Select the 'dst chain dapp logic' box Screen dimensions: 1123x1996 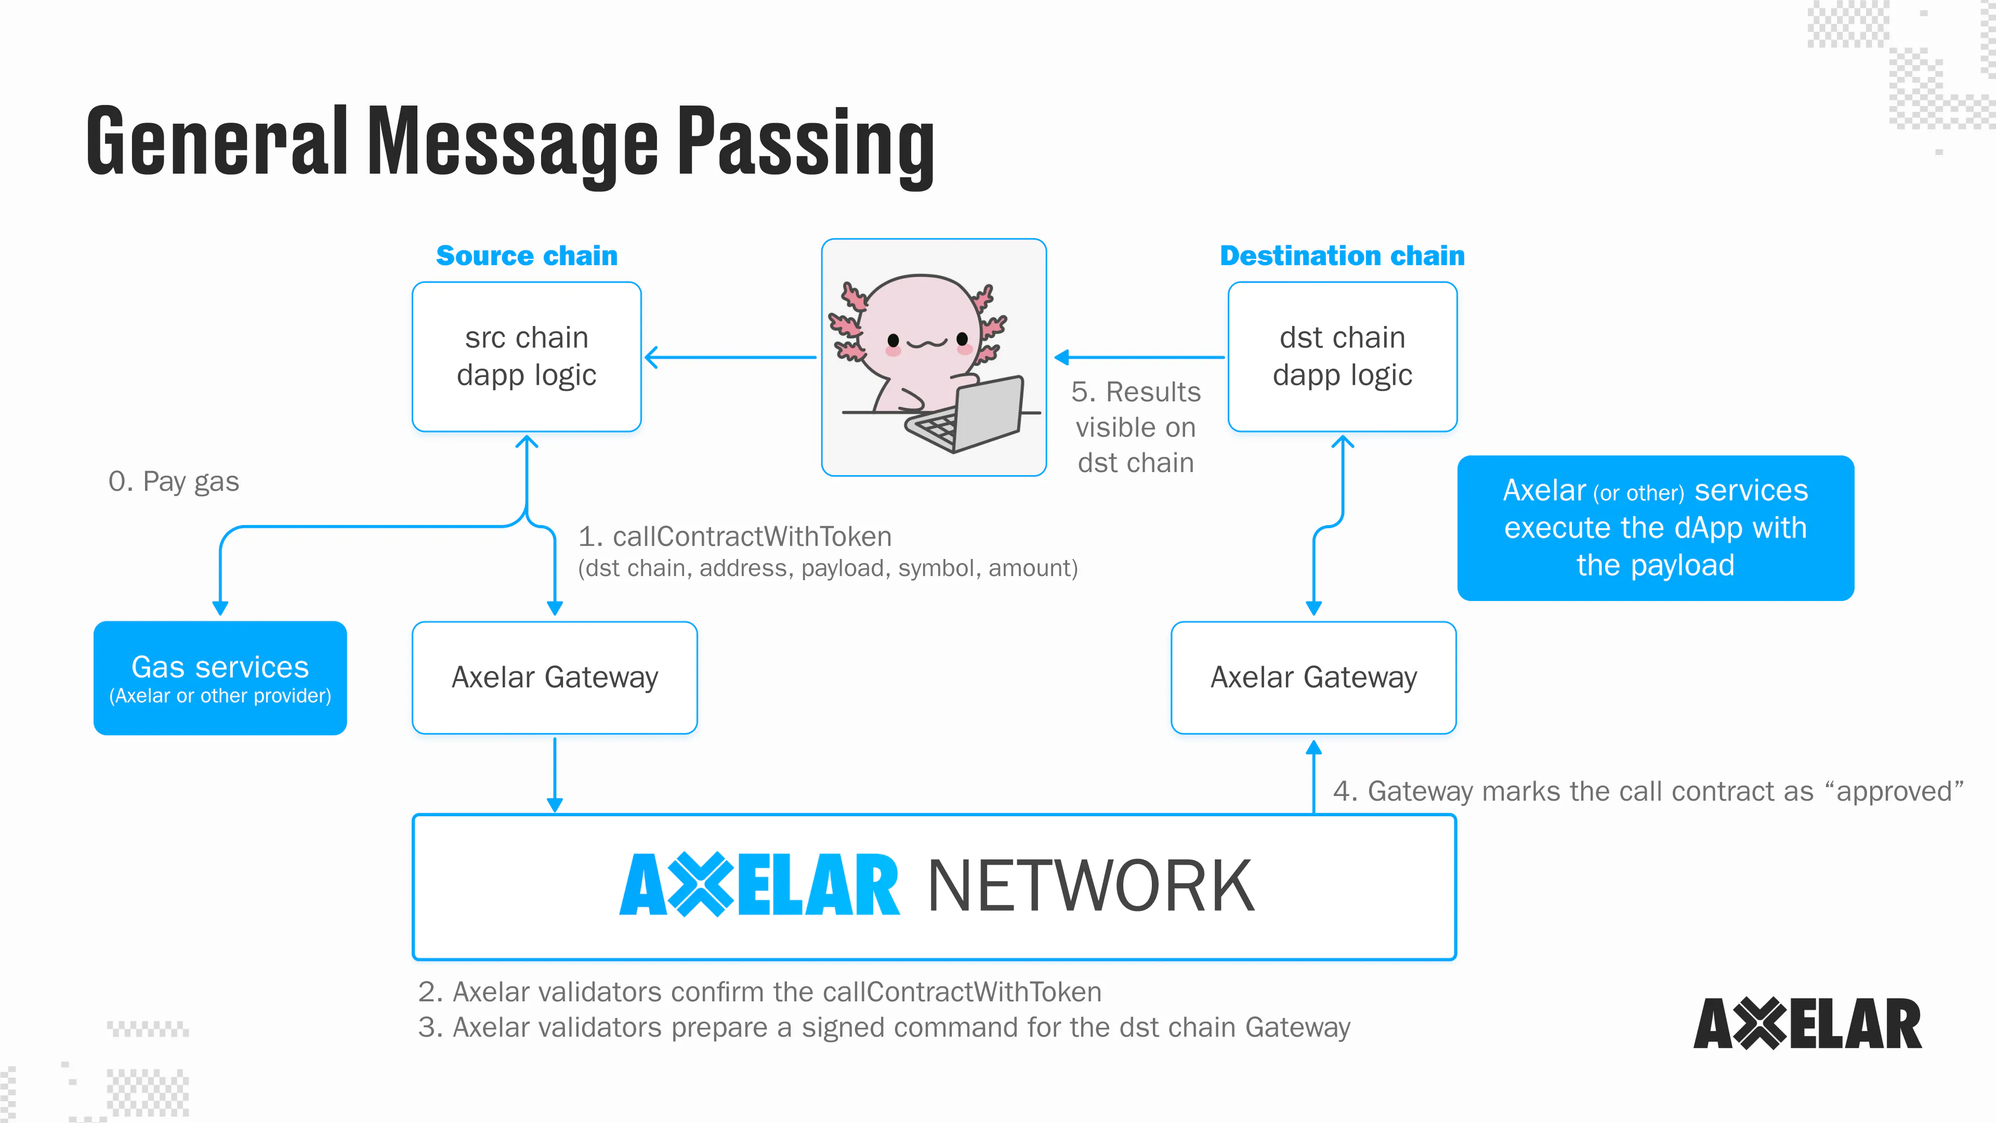click(x=1342, y=357)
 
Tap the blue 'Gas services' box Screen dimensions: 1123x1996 click(x=220, y=677)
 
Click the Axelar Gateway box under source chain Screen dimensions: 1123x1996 click(x=555, y=677)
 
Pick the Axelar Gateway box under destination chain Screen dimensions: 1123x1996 click(x=1314, y=677)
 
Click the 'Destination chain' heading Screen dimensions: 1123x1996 click(x=1342, y=256)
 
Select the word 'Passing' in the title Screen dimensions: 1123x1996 click(x=806, y=143)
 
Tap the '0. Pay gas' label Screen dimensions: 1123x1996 click(x=174, y=481)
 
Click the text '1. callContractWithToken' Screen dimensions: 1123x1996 click(x=734, y=537)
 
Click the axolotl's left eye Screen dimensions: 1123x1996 click(x=894, y=339)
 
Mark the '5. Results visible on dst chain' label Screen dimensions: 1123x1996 click(x=1136, y=427)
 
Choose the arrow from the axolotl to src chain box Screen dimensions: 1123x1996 click(x=730, y=357)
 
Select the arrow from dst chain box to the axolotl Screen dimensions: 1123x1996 click(x=1139, y=357)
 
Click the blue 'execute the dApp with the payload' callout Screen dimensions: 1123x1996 click(x=1655, y=528)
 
